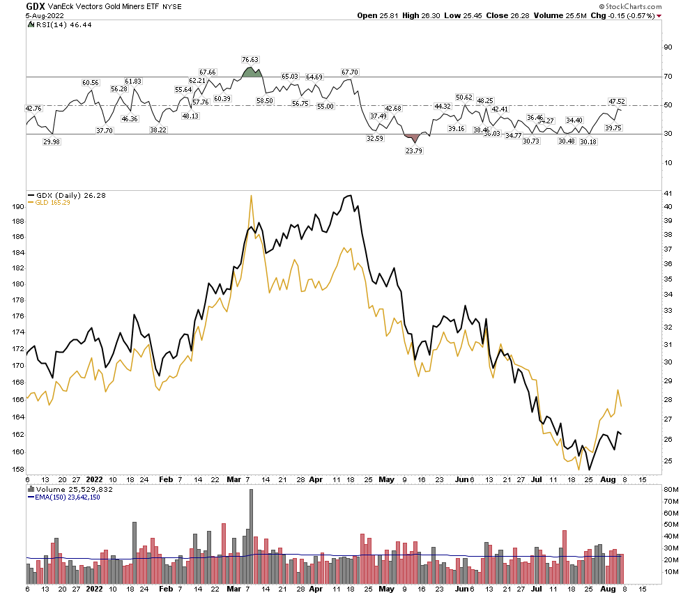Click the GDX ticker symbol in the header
36,6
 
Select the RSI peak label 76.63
250,60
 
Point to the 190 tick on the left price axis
15,206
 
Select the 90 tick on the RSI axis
668,47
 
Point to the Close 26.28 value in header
519,15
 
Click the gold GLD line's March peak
250,196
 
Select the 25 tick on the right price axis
668,461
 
